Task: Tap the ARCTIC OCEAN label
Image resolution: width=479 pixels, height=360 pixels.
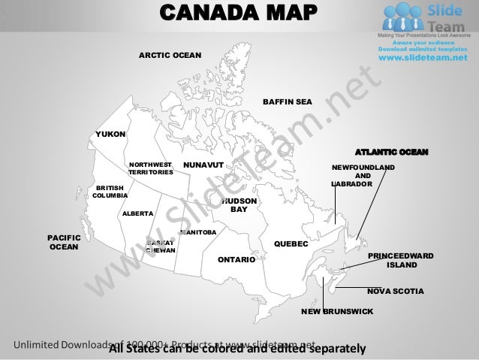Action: [170, 56]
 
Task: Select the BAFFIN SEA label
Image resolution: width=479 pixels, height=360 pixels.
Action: [287, 101]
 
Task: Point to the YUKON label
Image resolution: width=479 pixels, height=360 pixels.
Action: [110, 134]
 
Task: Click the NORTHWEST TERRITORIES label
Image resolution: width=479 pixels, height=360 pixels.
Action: [150, 168]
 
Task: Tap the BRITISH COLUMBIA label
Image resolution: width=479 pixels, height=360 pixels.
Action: [110, 192]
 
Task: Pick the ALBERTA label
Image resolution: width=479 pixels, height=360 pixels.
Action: [137, 213]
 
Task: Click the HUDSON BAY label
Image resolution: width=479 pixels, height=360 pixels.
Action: [239, 206]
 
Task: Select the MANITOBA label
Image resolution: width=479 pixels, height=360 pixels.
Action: [198, 232]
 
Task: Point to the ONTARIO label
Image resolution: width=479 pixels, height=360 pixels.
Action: [236, 259]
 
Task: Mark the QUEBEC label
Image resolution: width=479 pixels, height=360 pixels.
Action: [291, 244]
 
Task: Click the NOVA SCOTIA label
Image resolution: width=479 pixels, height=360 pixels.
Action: [395, 290]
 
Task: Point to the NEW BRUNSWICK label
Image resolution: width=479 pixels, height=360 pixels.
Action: [337, 310]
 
